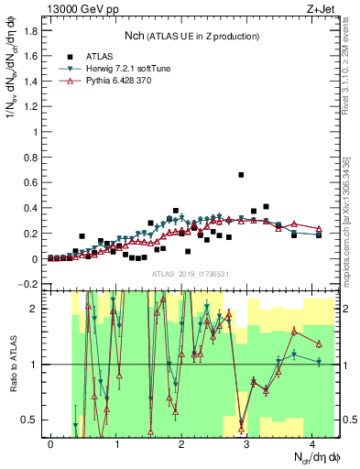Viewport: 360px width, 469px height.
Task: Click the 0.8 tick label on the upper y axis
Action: click(x=31, y=158)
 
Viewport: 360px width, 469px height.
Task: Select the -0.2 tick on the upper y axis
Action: click(x=29, y=284)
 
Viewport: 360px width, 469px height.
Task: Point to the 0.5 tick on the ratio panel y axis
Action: click(x=31, y=420)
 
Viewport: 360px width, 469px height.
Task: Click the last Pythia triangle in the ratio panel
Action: click(x=319, y=344)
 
